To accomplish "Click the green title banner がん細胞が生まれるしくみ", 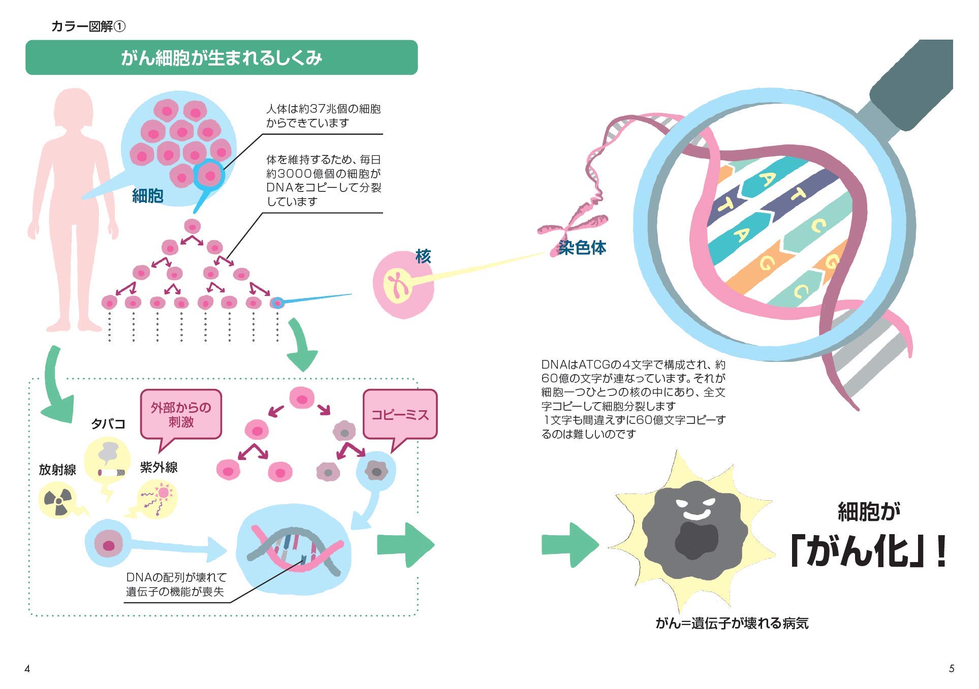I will click(222, 58).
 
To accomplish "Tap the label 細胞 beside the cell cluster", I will click(147, 195).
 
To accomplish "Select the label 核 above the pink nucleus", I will click(423, 256).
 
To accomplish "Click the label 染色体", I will click(582, 248).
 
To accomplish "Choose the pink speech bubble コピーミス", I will click(400, 415).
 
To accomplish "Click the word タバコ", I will click(108, 424).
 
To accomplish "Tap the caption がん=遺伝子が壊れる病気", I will click(732, 624).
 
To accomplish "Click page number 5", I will click(952, 669).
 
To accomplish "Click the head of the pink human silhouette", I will click(74, 108).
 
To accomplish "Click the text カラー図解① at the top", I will click(88, 26).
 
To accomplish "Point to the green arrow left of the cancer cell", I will click(569, 545).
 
